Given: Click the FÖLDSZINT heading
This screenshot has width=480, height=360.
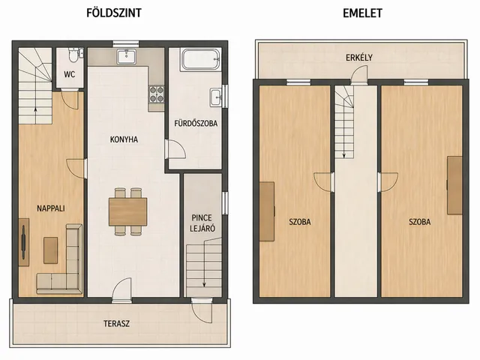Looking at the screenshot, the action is click(114, 13).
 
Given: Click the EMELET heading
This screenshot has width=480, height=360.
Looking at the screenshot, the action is click(362, 13).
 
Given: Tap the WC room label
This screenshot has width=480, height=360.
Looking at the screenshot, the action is click(70, 74).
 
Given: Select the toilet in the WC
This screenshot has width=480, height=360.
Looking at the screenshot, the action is click(73, 55).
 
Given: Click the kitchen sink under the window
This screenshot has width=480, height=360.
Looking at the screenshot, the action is click(126, 57).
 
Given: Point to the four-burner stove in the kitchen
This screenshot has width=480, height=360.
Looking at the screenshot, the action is click(156, 94).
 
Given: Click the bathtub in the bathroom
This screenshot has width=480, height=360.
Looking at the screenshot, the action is click(201, 60).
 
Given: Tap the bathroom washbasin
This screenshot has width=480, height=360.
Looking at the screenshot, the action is click(215, 97).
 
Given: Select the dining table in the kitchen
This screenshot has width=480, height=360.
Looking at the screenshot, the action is click(128, 211).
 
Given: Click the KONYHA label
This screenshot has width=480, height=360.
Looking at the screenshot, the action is click(124, 139).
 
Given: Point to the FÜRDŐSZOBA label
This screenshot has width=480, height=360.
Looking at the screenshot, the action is click(196, 123).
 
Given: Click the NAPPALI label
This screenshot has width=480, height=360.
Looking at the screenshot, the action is click(51, 208).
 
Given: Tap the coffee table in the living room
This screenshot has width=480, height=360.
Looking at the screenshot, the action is click(50, 250).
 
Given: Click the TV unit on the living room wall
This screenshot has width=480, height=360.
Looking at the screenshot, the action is click(24, 241).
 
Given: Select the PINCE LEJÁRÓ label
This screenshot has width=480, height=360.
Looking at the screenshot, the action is click(202, 223).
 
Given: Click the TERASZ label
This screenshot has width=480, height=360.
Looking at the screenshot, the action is click(117, 323).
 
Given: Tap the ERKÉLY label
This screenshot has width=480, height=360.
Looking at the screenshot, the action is click(359, 58).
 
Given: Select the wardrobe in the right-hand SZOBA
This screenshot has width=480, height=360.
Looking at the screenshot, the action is click(454, 185).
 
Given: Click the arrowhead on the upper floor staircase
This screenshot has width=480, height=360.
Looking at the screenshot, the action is click(343, 156).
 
